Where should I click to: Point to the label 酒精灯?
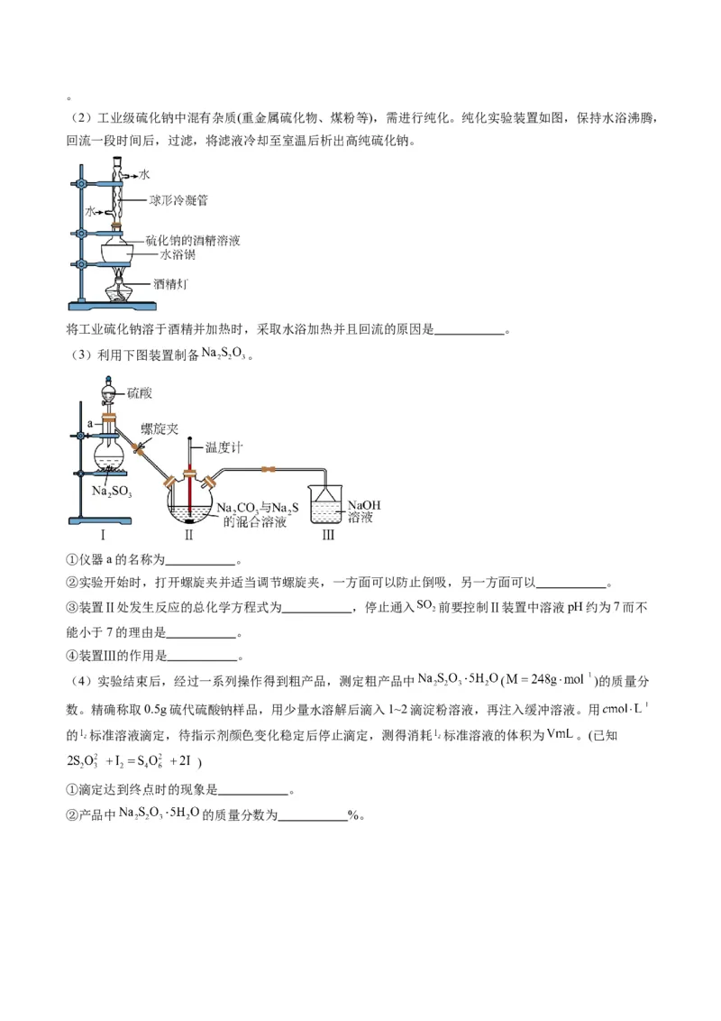pyautogui.click(x=170, y=284)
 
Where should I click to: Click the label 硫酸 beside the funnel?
pyautogui.click(x=141, y=393)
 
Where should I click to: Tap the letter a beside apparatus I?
pyautogui.click(x=89, y=421)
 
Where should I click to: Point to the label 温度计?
pyautogui.click(x=225, y=447)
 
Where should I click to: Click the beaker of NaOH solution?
pyautogui.click(x=326, y=503)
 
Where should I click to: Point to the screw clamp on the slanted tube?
pyautogui.click(x=138, y=448)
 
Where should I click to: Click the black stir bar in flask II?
pyautogui.click(x=189, y=520)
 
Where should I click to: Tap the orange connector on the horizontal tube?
pyautogui.click(x=265, y=469)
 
